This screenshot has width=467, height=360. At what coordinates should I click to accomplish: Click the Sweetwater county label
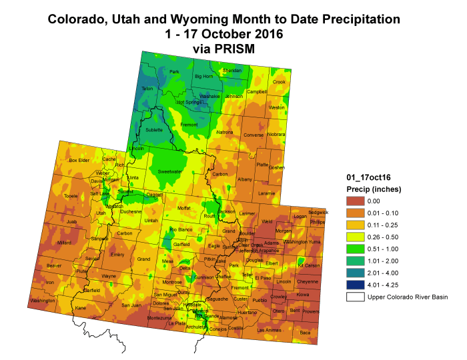170,171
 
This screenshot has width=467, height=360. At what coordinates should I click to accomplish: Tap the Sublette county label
154,130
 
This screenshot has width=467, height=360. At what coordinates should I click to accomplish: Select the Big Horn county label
203,77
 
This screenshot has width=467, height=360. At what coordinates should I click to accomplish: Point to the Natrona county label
225,133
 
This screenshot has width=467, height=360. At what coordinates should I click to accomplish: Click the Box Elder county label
79,160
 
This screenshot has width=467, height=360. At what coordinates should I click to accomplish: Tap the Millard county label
64,243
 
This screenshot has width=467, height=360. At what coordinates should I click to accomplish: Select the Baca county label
305,332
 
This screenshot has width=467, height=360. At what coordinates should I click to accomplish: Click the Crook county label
279,82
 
